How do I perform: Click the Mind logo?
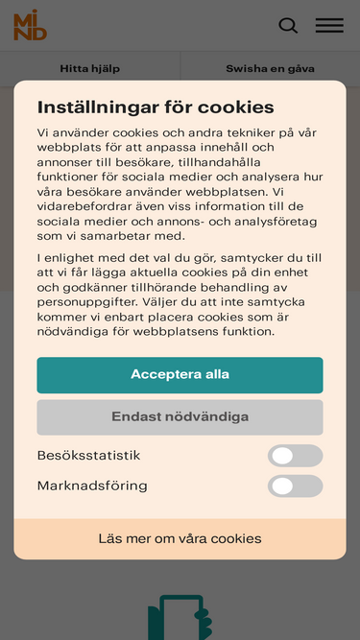pyautogui.click(x=30, y=26)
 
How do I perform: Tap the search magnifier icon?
pyautogui.click(x=288, y=26)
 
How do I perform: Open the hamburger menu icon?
pyautogui.click(x=329, y=26)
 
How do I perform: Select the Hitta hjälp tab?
pyautogui.click(x=89, y=68)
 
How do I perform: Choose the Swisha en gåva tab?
pyautogui.click(x=270, y=68)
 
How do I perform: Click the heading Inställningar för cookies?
pyautogui.click(x=156, y=107)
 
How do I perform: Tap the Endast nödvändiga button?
pyautogui.click(x=180, y=416)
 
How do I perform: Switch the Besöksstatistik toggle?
pyautogui.click(x=295, y=456)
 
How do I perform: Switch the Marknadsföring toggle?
pyautogui.click(x=295, y=486)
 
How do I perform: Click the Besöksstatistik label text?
pyautogui.click(x=88, y=456)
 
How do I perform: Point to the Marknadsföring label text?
pyautogui.click(x=92, y=486)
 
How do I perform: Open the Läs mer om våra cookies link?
pyautogui.click(x=180, y=538)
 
